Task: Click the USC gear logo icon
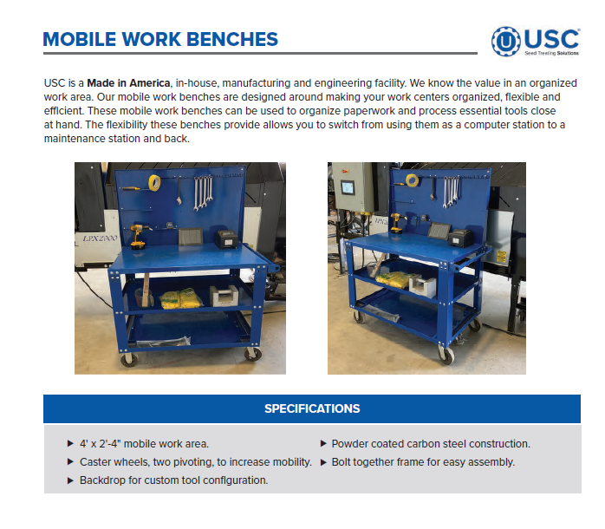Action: tap(506, 41)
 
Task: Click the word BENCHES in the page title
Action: tap(231, 40)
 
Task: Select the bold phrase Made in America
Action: tap(128, 82)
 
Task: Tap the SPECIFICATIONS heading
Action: tap(312, 408)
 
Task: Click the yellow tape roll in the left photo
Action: tap(153, 182)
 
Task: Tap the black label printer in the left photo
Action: tap(227, 237)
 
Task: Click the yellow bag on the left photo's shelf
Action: tap(180, 297)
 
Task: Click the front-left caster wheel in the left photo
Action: tap(129, 357)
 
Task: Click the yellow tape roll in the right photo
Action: tap(413, 180)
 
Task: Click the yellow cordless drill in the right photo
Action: tap(395, 224)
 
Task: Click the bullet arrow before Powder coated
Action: tap(323, 444)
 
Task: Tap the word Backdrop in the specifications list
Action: tap(102, 480)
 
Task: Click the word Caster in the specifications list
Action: tap(95, 462)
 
